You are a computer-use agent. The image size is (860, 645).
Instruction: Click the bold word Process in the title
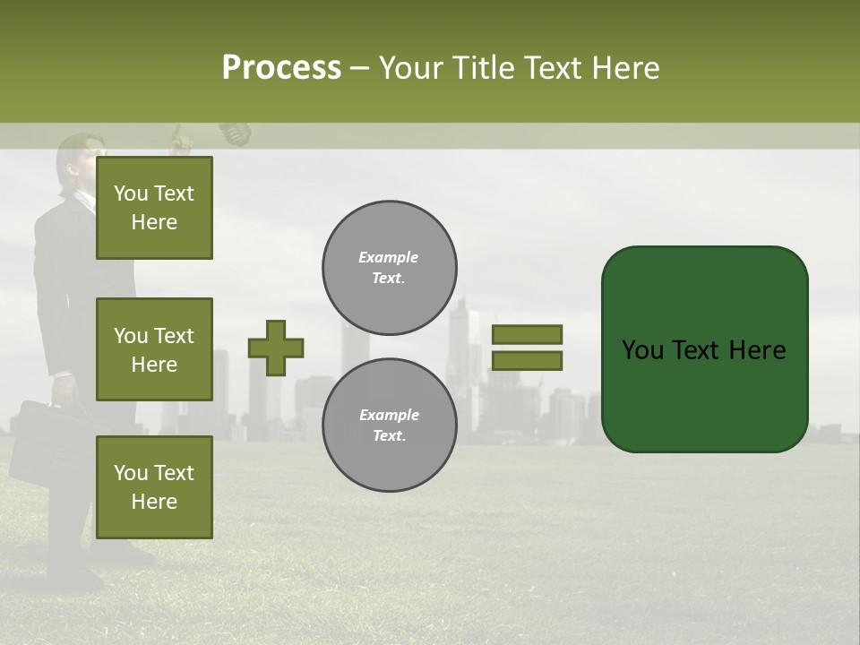pyautogui.click(x=281, y=68)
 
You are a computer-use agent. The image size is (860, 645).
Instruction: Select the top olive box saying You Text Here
pyautogui.click(x=154, y=208)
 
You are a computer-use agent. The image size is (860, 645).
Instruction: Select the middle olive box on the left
pyautogui.click(x=154, y=349)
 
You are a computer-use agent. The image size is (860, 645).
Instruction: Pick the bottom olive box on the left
pyautogui.click(x=154, y=486)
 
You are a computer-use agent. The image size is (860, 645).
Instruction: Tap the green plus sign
pyautogui.click(x=276, y=348)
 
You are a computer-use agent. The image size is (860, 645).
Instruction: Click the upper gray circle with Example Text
pyautogui.click(x=389, y=268)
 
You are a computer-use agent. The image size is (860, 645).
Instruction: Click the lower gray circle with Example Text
pyautogui.click(x=389, y=426)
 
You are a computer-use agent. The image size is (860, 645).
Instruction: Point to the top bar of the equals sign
pyautogui.click(x=527, y=334)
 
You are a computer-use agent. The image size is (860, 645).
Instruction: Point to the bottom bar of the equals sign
pyautogui.click(x=527, y=360)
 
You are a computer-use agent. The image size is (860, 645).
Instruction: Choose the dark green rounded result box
pyautogui.click(x=704, y=349)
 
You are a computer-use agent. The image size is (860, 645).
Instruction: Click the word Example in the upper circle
pyautogui.click(x=388, y=257)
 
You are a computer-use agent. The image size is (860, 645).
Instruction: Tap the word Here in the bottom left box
pyautogui.click(x=154, y=502)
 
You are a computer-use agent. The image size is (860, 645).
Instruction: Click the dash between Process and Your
pyautogui.click(x=359, y=68)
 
